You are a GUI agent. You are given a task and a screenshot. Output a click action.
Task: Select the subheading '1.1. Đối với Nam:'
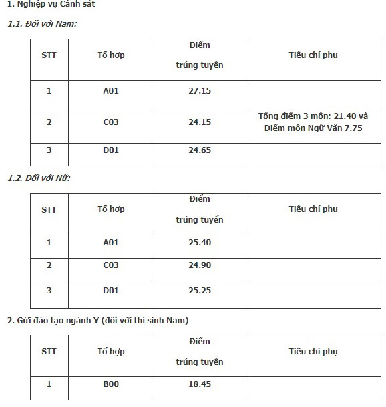42,24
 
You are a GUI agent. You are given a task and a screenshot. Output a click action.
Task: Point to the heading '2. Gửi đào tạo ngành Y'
98,321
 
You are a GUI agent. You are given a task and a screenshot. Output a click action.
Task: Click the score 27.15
200,90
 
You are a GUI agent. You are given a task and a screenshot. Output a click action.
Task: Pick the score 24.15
200,122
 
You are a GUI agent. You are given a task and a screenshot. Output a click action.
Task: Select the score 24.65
200,150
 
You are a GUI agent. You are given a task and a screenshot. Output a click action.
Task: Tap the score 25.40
200,242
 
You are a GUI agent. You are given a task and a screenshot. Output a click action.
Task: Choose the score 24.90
200,265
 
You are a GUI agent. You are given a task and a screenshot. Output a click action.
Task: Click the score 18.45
200,384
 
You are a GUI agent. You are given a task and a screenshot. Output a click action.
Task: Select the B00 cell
111,384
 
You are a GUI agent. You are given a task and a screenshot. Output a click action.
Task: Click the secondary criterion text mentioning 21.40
313,122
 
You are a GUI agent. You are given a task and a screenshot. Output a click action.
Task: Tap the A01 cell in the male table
111,90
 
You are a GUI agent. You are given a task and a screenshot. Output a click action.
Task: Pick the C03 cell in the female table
111,265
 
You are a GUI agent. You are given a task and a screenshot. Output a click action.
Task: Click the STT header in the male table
49,55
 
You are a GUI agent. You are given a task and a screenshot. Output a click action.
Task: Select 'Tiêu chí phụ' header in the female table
313,209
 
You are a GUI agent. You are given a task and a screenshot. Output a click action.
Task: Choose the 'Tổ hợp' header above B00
111,351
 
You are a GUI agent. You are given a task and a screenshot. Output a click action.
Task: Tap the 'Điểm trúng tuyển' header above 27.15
200,55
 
